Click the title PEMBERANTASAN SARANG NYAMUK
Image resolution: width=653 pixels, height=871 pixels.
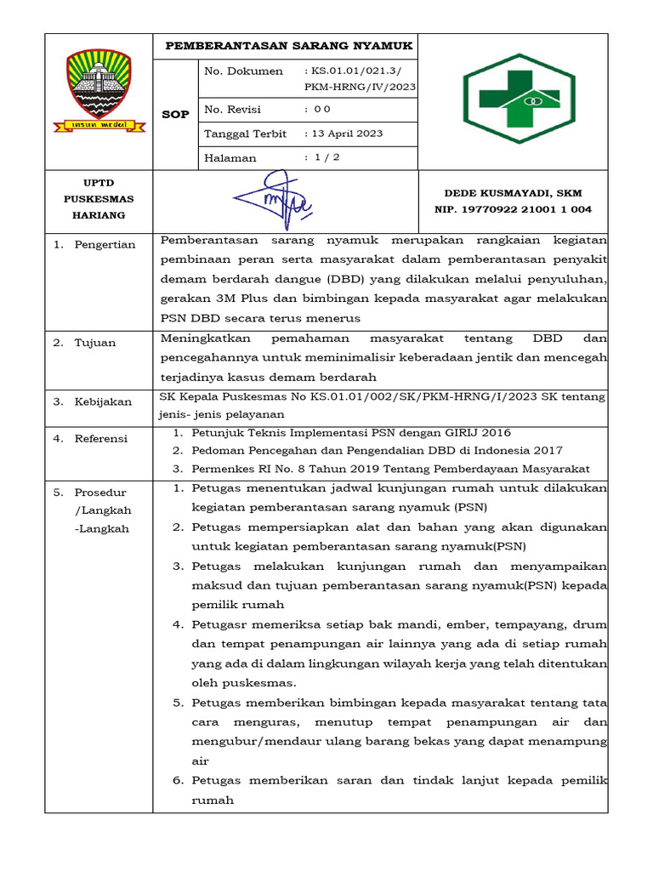288,46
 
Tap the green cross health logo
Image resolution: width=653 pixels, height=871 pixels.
523,100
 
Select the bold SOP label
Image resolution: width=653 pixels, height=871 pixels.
175,114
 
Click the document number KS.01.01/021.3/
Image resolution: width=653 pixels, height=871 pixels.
361,71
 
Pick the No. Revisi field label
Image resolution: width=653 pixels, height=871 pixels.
232,110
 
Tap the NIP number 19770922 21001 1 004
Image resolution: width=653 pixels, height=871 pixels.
513,209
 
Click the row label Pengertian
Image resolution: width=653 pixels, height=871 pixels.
106,245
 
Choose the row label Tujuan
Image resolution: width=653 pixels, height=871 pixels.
95,343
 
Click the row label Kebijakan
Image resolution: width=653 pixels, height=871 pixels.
103,401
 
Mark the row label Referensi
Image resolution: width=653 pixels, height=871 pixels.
101,439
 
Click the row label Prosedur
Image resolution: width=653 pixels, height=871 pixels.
100,492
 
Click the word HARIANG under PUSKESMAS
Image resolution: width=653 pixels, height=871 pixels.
102,215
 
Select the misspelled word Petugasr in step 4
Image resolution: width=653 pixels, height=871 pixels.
218,624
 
